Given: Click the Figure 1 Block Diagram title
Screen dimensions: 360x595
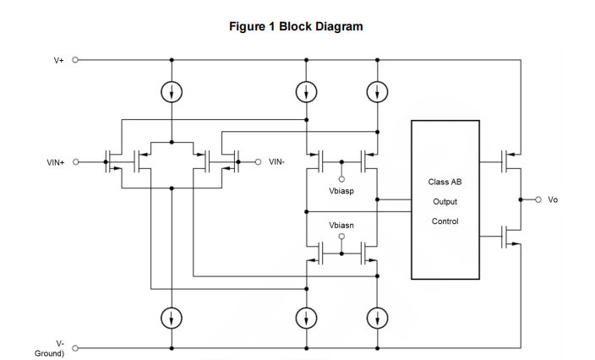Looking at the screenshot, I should (x=296, y=26).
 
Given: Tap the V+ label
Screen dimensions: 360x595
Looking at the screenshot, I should (x=59, y=61).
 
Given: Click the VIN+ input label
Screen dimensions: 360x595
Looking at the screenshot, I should (x=55, y=162).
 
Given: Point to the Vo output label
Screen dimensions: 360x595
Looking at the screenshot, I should (x=553, y=199).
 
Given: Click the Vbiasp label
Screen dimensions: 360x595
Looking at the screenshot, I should (x=342, y=192).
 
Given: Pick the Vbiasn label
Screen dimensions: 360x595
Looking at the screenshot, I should (x=342, y=226).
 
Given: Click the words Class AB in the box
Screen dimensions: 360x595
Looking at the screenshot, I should (x=445, y=183).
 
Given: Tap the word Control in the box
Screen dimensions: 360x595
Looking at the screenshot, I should (x=445, y=221).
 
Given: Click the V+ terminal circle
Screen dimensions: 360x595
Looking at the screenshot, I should (x=75, y=61).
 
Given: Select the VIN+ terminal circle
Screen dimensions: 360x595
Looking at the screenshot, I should (x=75, y=162).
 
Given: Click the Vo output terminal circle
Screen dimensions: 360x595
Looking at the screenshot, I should (x=538, y=199).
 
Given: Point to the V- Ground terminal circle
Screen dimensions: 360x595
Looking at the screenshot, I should (x=75, y=347).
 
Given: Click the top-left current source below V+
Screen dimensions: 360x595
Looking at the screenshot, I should (x=172, y=90).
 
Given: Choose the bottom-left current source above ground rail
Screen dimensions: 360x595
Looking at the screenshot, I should (x=172, y=317).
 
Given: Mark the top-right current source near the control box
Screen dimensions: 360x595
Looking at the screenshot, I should (x=376, y=90).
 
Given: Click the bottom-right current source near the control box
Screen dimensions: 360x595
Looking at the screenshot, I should (x=376, y=317).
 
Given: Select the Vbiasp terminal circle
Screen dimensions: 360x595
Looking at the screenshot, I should (x=342, y=179).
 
